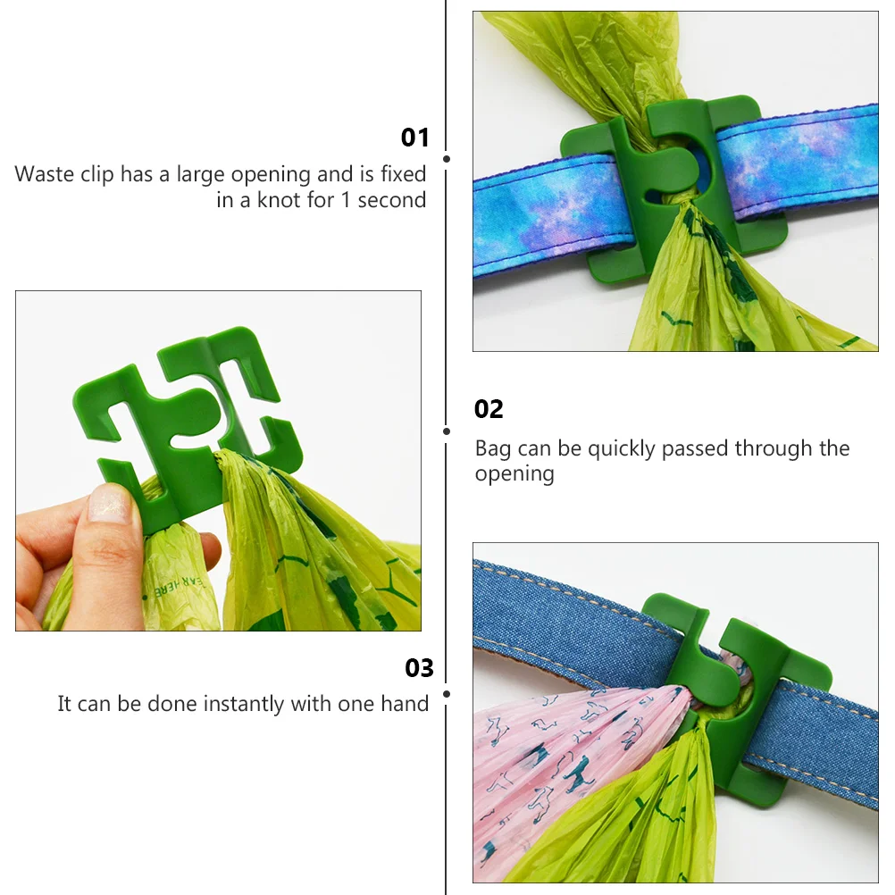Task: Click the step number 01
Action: click(x=414, y=138)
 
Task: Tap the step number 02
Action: click(x=489, y=409)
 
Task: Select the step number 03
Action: click(x=419, y=668)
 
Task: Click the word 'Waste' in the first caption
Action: click(x=46, y=174)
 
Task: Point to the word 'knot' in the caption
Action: click(x=280, y=200)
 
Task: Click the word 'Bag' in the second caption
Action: click(x=493, y=448)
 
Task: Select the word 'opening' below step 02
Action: click(x=514, y=474)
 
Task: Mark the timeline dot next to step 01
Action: click(x=447, y=158)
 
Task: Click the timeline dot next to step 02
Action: click(x=447, y=431)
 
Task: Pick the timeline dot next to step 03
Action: click(x=447, y=693)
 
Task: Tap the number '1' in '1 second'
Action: click(x=344, y=200)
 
